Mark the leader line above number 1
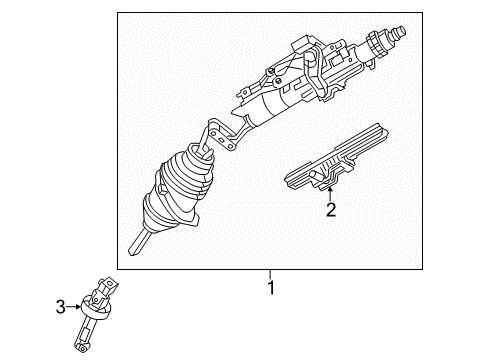click(x=269, y=273)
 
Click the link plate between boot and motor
click(x=227, y=134)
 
